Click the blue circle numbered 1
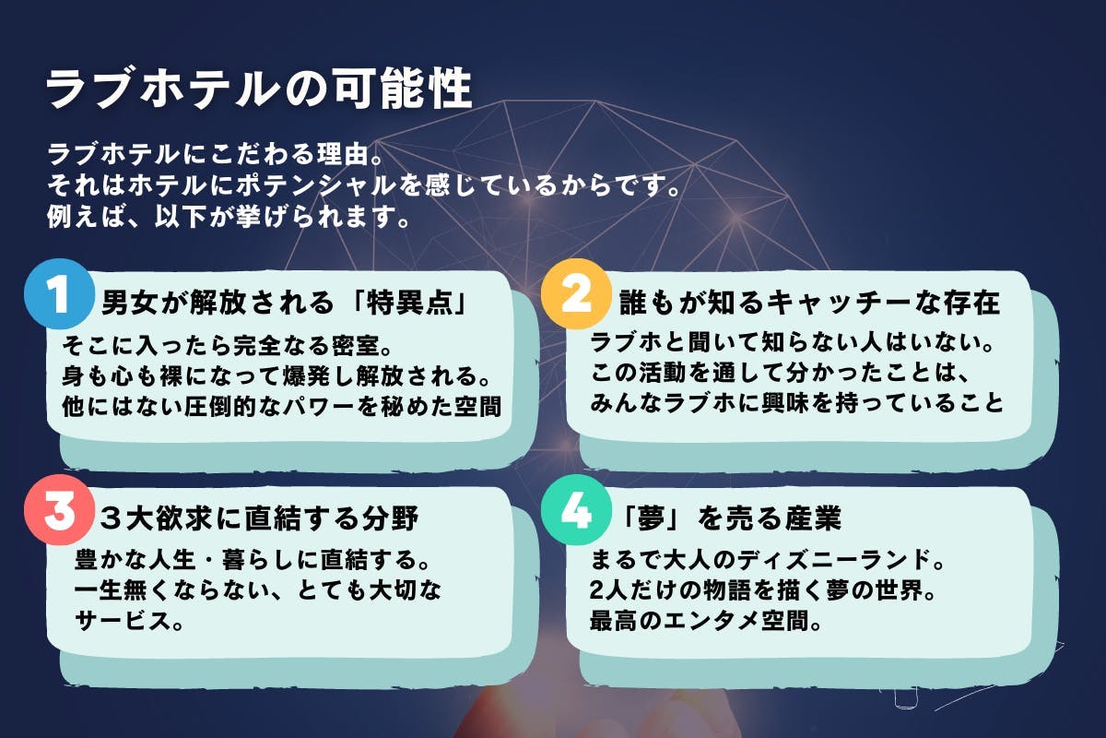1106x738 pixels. [59, 294]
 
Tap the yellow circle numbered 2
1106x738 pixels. [576, 294]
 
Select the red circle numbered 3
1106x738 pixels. [59, 510]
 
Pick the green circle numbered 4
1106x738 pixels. [576, 510]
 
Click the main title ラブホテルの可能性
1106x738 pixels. [259, 89]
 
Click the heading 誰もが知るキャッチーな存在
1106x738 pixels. [810, 302]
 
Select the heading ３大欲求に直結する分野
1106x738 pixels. [259, 518]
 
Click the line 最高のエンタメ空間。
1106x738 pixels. [706, 621]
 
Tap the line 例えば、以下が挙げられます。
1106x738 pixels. [229, 216]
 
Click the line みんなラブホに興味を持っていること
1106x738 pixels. [797, 403]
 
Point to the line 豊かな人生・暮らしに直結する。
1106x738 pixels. [253, 560]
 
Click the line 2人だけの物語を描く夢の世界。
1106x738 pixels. [763, 590]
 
